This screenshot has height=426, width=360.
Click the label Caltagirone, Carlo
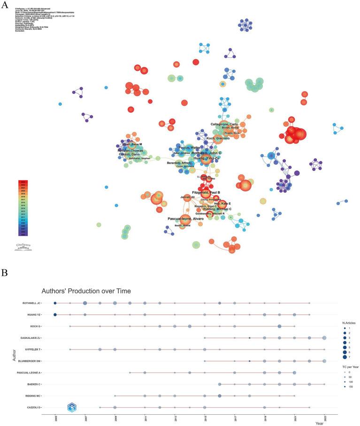(x=224, y=124)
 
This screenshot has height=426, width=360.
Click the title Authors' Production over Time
(x=87, y=291)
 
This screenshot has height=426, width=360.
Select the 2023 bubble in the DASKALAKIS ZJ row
(x=324, y=337)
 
